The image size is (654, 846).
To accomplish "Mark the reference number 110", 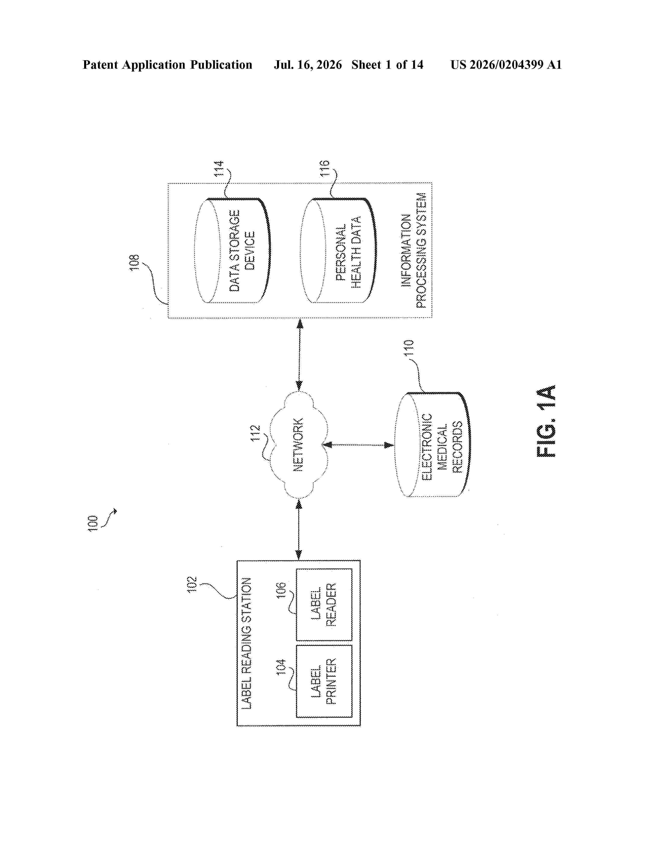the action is tap(409, 348).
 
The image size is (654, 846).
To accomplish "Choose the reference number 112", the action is tap(255, 433).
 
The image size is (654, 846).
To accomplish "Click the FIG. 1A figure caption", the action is tap(546, 421).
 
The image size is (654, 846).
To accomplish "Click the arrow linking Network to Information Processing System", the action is tap(299, 355).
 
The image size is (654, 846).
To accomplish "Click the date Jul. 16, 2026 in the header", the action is tap(308, 65).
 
